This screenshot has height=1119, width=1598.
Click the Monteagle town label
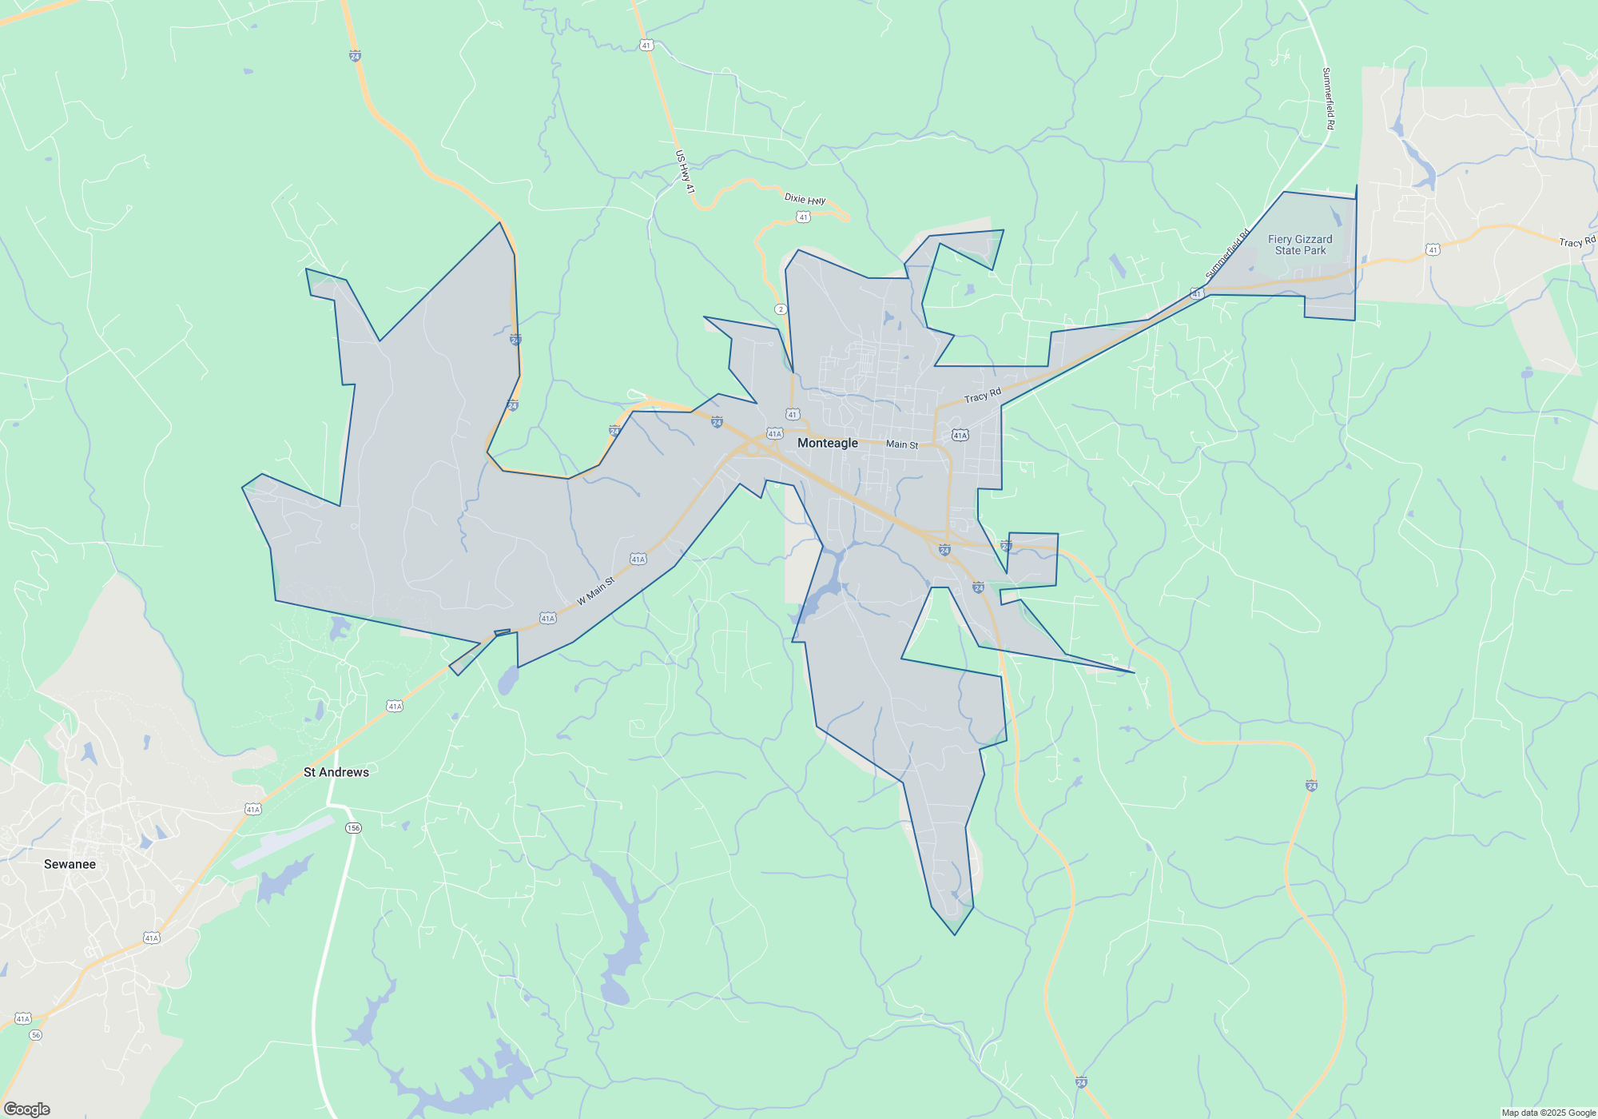[828, 443]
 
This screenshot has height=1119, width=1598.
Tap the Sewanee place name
[70, 864]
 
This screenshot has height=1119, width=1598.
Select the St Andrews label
[336, 772]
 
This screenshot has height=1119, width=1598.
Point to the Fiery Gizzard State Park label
[1300, 245]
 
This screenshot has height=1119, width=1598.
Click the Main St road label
[902, 444]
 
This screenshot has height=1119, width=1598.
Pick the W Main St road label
[596, 591]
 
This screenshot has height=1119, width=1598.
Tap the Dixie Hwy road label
[805, 199]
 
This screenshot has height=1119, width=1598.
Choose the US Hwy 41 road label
[685, 172]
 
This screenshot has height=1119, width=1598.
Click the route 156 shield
[353, 828]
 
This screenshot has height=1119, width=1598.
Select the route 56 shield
[35, 1035]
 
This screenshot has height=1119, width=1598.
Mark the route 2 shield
[781, 309]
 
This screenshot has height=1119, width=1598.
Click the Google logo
[26, 1109]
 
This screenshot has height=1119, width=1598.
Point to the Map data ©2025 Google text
[1548, 1113]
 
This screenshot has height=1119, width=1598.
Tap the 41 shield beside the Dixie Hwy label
[803, 217]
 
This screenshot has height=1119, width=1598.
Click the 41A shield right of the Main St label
[960, 435]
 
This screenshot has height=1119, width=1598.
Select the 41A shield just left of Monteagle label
[774, 434]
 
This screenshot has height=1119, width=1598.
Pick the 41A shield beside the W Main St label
[638, 559]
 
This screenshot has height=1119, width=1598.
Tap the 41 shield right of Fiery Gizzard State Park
[1433, 250]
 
